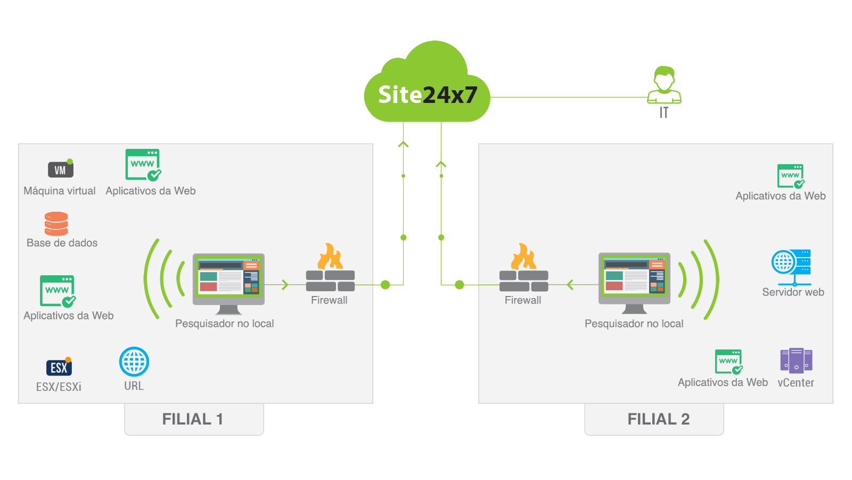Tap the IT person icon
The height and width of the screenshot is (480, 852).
pyautogui.click(x=664, y=85)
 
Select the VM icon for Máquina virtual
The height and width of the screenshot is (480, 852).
pyautogui.click(x=61, y=169)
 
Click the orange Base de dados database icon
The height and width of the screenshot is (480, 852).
pyautogui.click(x=56, y=224)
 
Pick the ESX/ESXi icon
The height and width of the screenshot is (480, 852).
pyautogui.click(x=59, y=367)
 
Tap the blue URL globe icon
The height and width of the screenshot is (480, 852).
pyautogui.click(x=134, y=362)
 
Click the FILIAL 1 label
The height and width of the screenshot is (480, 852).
pyautogui.click(x=193, y=419)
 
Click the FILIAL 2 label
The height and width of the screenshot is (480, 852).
pyautogui.click(x=658, y=419)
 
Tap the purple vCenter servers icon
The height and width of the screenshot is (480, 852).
pyautogui.click(x=796, y=361)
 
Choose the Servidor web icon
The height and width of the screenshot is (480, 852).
pyautogui.click(x=791, y=266)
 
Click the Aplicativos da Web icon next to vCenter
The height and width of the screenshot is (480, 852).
pyautogui.click(x=729, y=362)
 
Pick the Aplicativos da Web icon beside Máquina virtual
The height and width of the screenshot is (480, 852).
pyautogui.click(x=143, y=165)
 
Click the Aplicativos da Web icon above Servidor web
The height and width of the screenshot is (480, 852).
pyautogui.click(x=791, y=176)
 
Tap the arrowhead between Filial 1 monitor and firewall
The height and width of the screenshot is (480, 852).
pyautogui.click(x=285, y=285)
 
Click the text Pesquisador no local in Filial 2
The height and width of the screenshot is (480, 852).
pyautogui.click(x=634, y=324)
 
